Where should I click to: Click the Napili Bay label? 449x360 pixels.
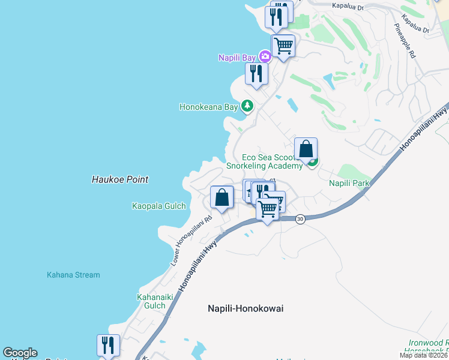pos(238,57)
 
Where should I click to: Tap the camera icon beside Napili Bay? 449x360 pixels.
pos(265,57)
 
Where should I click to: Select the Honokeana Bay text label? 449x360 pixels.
pos(208,107)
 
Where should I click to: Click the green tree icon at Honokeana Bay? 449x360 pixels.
pos(247,106)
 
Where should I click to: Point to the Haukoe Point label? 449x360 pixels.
pos(120,179)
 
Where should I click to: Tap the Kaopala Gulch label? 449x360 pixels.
pos(159,206)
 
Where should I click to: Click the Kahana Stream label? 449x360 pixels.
pos(73,275)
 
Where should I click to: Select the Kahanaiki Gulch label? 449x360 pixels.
pos(151,301)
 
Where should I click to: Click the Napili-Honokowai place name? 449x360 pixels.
pos(245,308)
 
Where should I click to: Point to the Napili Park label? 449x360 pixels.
pos(349,182)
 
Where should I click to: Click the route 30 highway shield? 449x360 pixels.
pos(301,219)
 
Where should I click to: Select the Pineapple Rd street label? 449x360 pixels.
pos(406,41)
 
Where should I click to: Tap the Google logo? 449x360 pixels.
pos(20,353)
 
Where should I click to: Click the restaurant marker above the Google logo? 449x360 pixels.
pos(108,345)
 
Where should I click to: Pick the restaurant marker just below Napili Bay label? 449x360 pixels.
pos(256,74)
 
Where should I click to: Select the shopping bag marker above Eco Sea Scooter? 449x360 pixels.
pos(306,148)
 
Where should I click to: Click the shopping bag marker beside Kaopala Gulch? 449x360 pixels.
pos(221,197)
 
